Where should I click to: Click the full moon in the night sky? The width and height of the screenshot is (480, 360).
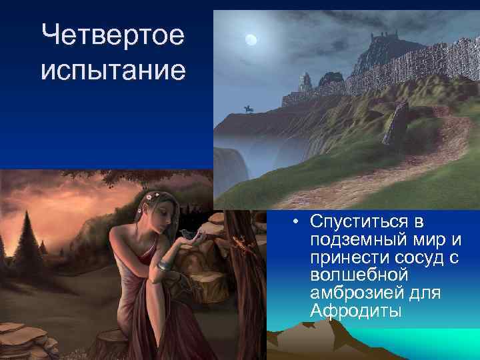click(x=251, y=40)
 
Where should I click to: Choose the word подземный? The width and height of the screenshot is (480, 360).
click(x=353, y=239)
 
